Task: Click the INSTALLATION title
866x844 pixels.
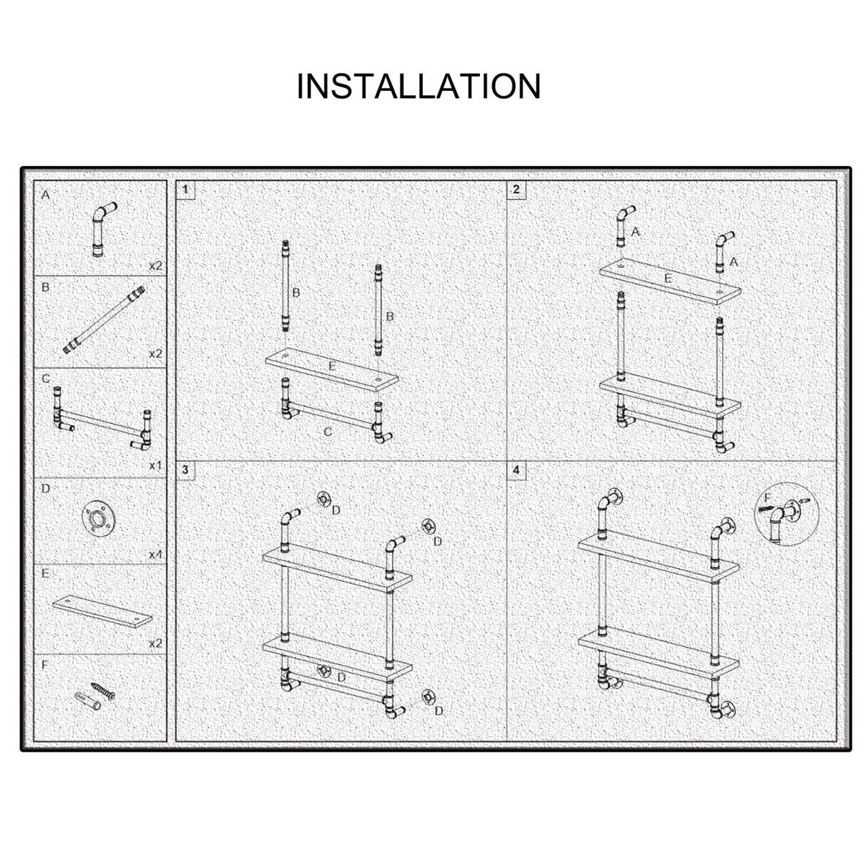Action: click(x=419, y=86)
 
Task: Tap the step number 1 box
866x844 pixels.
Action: click(x=185, y=190)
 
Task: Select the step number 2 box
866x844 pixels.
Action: click(x=516, y=190)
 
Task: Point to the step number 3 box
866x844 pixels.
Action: click(x=185, y=470)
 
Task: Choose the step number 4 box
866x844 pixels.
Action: click(x=516, y=470)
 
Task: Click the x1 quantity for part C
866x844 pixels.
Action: click(x=156, y=466)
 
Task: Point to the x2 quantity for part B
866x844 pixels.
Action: click(x=156, y=354)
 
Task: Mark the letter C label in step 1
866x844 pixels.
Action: click(x=328, y=432)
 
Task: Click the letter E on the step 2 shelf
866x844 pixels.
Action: click(x=668, y=279)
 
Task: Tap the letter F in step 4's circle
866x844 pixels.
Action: click(x=766, y=497)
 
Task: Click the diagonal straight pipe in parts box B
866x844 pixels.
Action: click(x=104, y=320)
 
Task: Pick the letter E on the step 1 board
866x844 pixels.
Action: click(x=331, y=366)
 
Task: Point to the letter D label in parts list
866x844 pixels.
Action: click(x=46, y=489)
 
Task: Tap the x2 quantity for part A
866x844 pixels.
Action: click(x=156, y=266)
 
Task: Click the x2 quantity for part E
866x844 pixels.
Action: click(x=156, y=644)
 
